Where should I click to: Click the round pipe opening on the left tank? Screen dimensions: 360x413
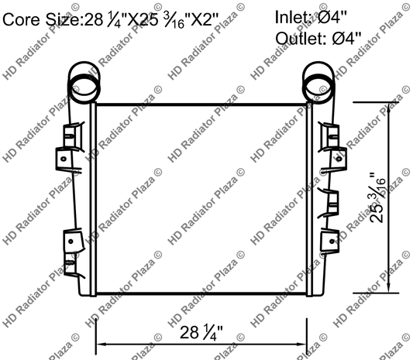point(84,81)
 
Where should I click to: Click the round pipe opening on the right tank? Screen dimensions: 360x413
point(317,81)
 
